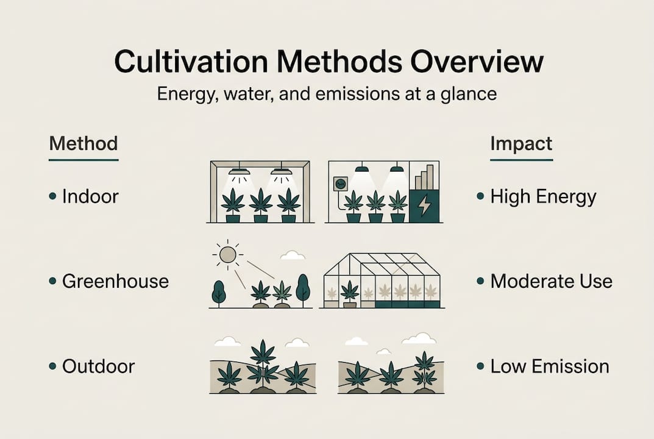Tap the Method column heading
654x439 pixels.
point(83,144)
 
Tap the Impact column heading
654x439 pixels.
point(521,144)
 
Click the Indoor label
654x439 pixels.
point(90,197)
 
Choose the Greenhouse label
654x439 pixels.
point(115,281)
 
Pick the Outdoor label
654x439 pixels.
point(98,366)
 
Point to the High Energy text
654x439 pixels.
point(543,197)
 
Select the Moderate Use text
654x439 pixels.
point(551,281)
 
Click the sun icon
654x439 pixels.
point(227,254)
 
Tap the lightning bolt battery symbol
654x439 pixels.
point(424,206)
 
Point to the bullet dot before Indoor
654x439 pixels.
point(53,197)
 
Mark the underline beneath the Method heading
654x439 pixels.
point(83,160)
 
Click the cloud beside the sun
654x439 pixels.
point(293,255)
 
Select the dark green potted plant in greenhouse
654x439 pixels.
point(349,291)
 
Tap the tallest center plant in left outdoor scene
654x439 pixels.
point(263,363)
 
